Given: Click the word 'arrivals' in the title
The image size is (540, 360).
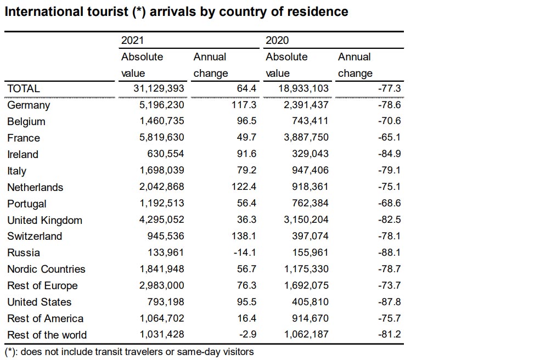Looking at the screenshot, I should point(174,12).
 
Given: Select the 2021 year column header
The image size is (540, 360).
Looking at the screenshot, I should point(133,40).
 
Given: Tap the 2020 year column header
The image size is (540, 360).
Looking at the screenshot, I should point(277,40).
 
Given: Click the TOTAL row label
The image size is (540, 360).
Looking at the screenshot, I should point(24,88).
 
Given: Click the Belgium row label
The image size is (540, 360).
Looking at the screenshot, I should point(26,121).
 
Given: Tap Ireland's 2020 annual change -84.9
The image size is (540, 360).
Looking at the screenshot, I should point(389,154).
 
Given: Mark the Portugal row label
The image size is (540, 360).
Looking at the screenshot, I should point(27,204).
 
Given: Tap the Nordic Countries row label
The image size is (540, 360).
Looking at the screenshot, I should point(47,269).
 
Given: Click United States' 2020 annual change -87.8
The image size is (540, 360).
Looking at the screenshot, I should point(389,302).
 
